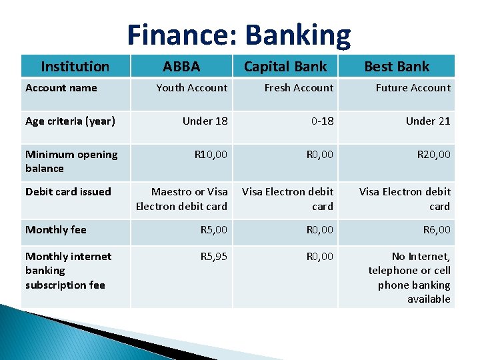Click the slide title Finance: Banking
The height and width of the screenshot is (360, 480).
pos(239,35)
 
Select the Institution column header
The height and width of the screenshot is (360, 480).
pos(75,66)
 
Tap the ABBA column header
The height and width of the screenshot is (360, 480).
pos(181,66)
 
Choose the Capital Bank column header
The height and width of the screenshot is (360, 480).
pos(285,66)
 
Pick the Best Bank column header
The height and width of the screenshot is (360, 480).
pos(397,66)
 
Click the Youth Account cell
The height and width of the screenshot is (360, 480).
pos(191,87)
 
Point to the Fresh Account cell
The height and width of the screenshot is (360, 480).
pos(298,87)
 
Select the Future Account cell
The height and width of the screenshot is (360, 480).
pos(413,87)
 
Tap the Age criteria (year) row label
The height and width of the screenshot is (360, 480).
pos(70,121)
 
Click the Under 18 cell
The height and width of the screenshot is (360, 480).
pos(205,121)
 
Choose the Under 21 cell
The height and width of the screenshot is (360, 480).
pos(428,121)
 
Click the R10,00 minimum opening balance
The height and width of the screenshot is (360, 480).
pos(211,154)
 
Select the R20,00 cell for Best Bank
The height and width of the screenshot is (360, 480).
pos(433,154)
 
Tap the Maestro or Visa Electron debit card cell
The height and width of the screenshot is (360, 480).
pos(181,199)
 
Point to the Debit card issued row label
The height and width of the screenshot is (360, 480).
pos(68,191)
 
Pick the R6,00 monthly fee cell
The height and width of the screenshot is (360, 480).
pos(437,229)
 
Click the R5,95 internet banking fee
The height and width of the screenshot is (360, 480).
pos(213,256)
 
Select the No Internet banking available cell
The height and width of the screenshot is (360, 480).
pos(409,277)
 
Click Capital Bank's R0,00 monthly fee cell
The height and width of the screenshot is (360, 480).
pos(319,229)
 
